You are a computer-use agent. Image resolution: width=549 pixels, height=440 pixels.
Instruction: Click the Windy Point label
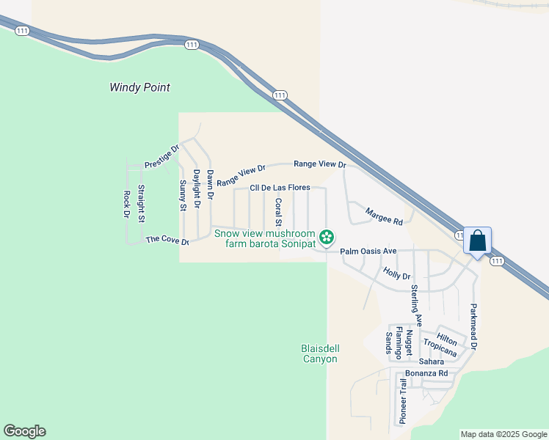139,87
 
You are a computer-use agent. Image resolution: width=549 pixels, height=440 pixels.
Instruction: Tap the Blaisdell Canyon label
320,353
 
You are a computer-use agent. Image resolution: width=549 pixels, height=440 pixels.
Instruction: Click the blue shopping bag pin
477,241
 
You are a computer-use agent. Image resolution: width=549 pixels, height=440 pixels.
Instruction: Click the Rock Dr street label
126,205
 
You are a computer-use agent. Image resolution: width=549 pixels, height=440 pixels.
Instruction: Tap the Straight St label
142,204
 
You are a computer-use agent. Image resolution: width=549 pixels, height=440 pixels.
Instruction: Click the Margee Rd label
385,216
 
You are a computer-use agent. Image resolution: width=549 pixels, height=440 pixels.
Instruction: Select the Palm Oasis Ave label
368,251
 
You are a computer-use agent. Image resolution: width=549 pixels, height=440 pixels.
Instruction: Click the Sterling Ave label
416,305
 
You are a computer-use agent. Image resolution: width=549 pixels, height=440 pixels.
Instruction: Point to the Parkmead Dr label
474,326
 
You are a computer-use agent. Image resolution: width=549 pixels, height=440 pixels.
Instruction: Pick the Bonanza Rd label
426,373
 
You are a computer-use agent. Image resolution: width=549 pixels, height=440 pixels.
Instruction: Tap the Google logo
25,431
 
